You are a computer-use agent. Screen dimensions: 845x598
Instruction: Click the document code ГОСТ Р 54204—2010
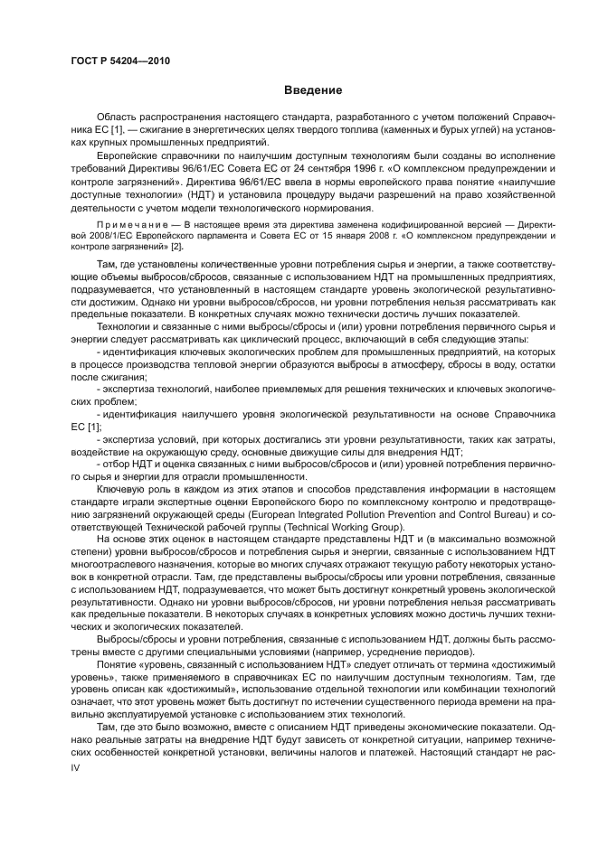coord(119,61)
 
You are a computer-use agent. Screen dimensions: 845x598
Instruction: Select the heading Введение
coord(313,90)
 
